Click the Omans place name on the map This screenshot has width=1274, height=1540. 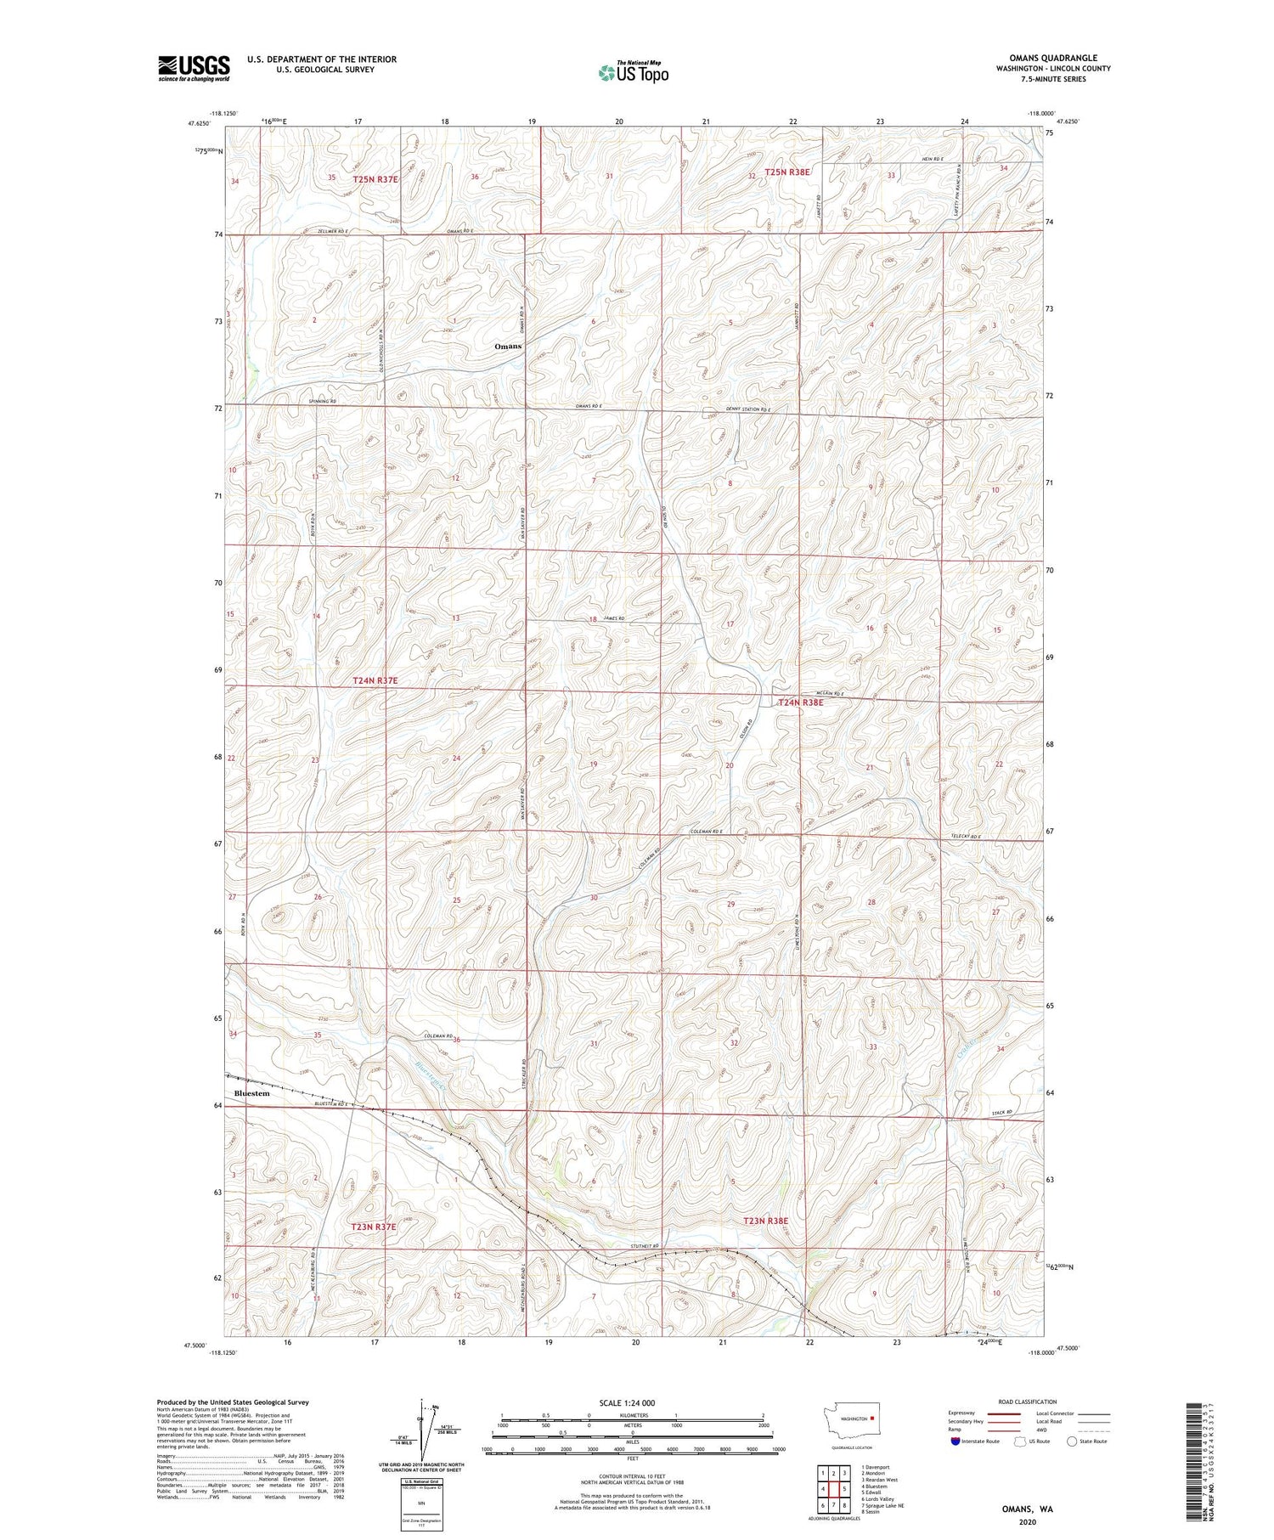tap(508, 347)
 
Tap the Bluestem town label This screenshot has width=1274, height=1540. tap(251, 1093)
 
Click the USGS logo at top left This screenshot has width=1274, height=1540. tap(194, 68)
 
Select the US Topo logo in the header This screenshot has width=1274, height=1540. tap(633, 73)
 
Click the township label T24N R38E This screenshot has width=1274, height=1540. tap(801, 702)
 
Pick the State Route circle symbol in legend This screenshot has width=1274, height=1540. tap(1071, 1441)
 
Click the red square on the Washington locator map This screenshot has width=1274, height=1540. tap(871, 1417)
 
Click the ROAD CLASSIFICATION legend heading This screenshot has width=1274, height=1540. tap(1028, 1402)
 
